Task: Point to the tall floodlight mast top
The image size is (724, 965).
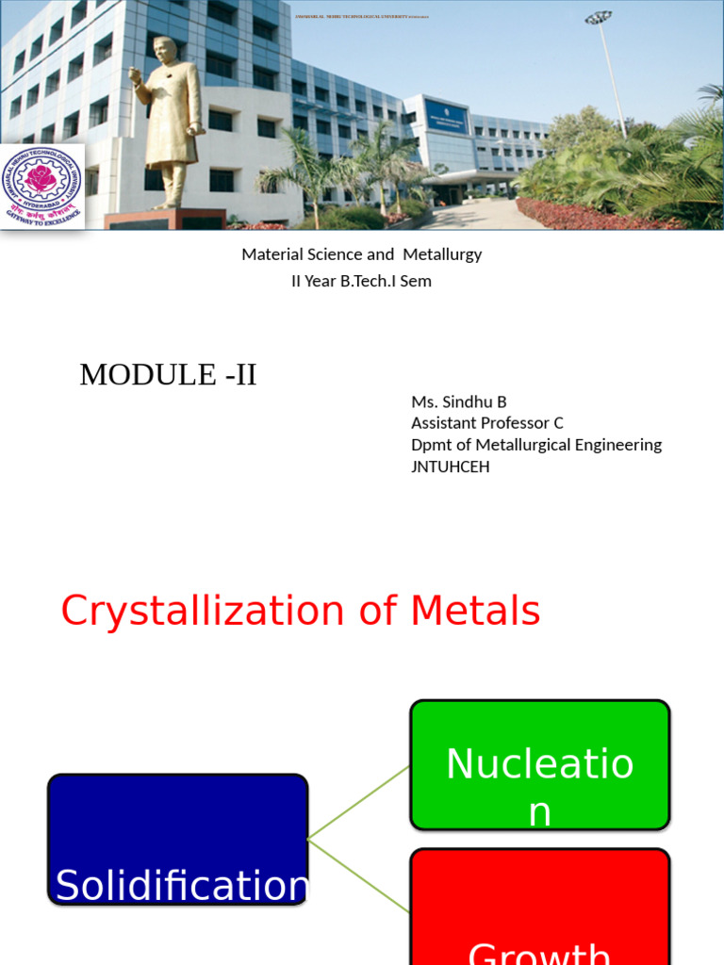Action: tap(598, 17)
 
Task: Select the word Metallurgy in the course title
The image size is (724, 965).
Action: tap(442, 254)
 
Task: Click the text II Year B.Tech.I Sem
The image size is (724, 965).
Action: tap(361, 281)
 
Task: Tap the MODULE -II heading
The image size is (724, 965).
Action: tap(168, 375)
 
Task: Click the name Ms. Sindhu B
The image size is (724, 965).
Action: tap(458, 401)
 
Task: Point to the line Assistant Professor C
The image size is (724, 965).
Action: tap(486, 423)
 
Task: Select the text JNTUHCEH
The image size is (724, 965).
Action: tap(450, 466)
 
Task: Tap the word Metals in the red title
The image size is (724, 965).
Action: tap(475, 612)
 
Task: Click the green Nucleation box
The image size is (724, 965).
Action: tap(539, 765)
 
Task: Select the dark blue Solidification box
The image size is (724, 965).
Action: tap(178, 839)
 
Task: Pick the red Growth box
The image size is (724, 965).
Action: tap(539, 909)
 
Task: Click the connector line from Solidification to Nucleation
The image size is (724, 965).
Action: tap(359, 801)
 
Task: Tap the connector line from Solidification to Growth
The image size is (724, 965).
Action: tap(359, 875)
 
